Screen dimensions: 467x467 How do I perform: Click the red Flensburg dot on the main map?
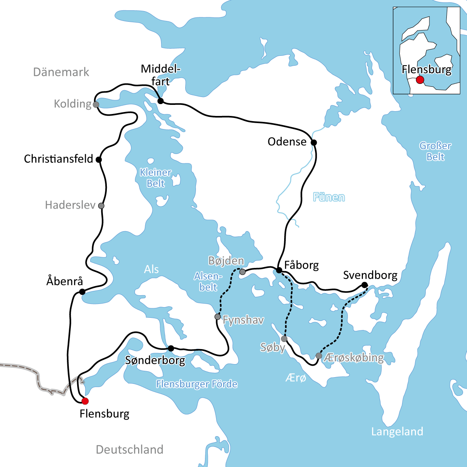pos(85,401)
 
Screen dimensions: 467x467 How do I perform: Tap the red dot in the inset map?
pos(420,80)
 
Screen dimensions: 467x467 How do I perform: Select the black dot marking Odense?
pos(314,142)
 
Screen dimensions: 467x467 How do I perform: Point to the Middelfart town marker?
pos(160,101)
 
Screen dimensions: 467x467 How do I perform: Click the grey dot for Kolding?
pos(95,104)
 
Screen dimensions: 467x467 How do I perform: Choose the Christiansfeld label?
pos(59,159)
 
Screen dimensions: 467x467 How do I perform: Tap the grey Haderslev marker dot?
pos(101,206)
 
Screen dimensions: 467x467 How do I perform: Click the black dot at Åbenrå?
pos(82,292)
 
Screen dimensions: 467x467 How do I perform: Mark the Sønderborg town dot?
pos(171,348)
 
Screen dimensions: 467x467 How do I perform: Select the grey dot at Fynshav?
pos(217,317)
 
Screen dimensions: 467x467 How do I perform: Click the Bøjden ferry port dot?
pos(243,272)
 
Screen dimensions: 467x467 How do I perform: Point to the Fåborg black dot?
pos(279,270)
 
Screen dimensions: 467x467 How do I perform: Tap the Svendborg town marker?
pos(364,285)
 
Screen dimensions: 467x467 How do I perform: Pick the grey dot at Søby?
pos(284,339)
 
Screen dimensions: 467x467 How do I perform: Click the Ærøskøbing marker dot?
pos(319,356)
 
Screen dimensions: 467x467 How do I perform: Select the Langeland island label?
pos(397,431)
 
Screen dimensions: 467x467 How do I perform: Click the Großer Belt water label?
pos(435,151)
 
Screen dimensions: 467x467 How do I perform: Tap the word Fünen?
pos(329,197)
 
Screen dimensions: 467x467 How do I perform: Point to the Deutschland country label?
pos(129,450)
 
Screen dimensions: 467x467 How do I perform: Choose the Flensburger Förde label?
pos(197,384)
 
